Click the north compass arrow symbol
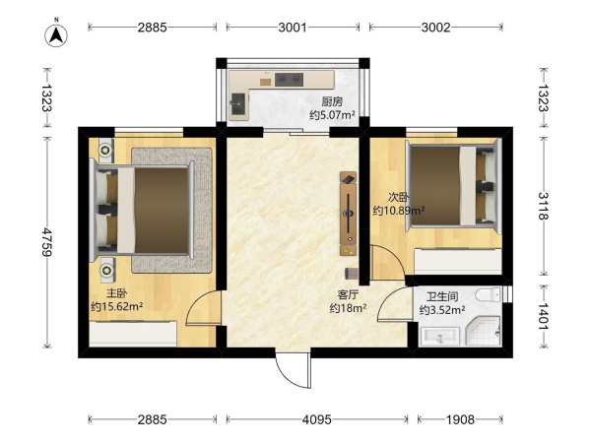(56, 35)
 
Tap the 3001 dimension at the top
(293, 28)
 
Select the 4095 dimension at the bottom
(316, 419)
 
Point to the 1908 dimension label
(460, 419)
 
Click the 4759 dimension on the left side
(46, 242)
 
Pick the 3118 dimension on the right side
(543, 206)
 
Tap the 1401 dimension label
(543, 316)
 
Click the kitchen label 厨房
(332, 101)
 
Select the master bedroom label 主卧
(116, 293)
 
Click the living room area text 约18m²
(349, 308)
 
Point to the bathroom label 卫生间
(442, 296)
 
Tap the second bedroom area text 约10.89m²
(399, 211)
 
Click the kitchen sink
(238, 103)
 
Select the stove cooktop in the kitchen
(289, 79)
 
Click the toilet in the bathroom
(488, 294)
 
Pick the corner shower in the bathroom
(484, 331)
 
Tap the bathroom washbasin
(440, 337)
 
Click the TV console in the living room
(349, 214)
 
